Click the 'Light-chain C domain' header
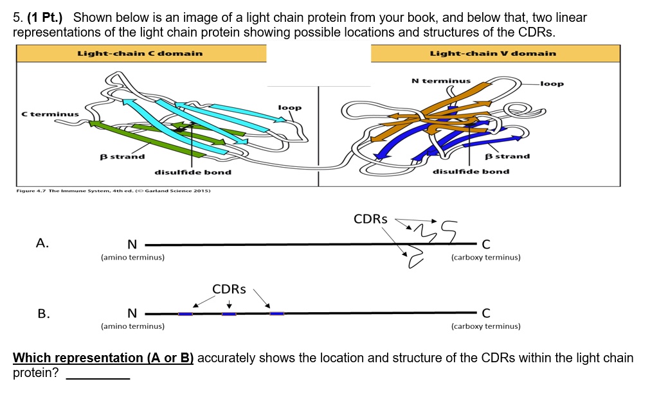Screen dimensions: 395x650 tap(140, 53)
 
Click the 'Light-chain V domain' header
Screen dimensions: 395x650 tap(492, 53)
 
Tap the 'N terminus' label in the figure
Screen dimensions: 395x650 tap(440, 81)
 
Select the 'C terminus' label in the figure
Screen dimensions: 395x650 tap(50, 114)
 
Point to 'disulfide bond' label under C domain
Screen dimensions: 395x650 tap(192, 172)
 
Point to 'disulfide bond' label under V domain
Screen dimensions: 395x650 tap(471, 171)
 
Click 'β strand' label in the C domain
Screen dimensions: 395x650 tap(122, 156)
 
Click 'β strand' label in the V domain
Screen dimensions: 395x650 tap(507, 156)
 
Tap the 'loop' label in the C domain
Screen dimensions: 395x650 tap(289, 107)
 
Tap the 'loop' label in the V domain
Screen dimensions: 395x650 tap(552, 83)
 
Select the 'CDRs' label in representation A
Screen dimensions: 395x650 tap(370, 219)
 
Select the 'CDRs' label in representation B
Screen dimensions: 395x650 tap(229, 289)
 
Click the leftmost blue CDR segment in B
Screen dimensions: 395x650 tap(185, 313)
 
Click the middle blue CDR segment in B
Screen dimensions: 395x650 tap(229, 313)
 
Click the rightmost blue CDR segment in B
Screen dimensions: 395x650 tap(276, 313)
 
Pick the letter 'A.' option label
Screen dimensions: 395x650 tap(42, 243)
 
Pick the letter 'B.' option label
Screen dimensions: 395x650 tap(43, 313)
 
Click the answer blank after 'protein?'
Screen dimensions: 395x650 tap(98, 374)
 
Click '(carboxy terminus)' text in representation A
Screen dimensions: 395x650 tap(485, 257)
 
